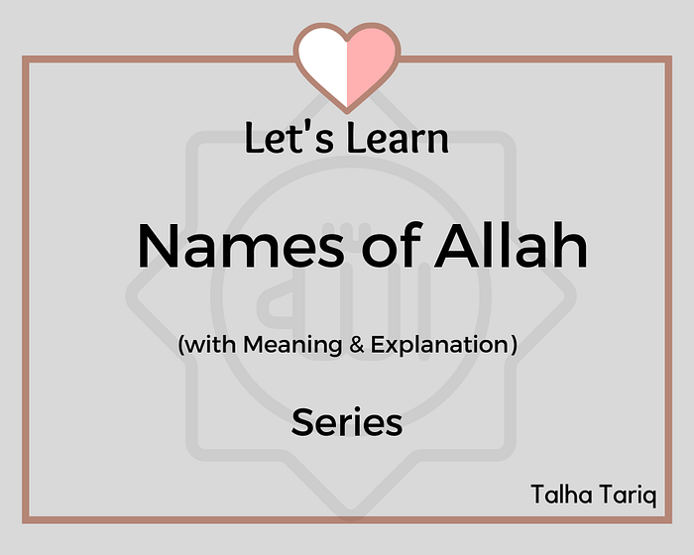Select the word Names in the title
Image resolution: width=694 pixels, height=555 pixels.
coord(241,246)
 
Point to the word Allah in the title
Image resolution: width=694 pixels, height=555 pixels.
coord(511,245)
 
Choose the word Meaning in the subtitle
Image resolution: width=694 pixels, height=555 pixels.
coord(292,345)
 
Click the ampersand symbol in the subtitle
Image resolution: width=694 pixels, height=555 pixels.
coord(356,345)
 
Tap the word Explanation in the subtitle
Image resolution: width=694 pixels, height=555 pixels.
coord(439,345)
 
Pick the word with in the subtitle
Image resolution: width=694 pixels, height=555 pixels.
coord(210,344)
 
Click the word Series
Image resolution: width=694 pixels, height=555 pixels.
coord(347,422)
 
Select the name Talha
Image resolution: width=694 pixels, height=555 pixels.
coord(561,494)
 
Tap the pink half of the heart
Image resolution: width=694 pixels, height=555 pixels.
coord(370,59)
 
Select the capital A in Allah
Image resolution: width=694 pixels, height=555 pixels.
coord(459,246)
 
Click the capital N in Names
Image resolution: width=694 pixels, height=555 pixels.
coord(159,246)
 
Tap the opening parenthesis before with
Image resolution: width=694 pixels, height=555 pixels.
coord(180,345)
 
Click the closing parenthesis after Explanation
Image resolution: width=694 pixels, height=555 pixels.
coord(514,345)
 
